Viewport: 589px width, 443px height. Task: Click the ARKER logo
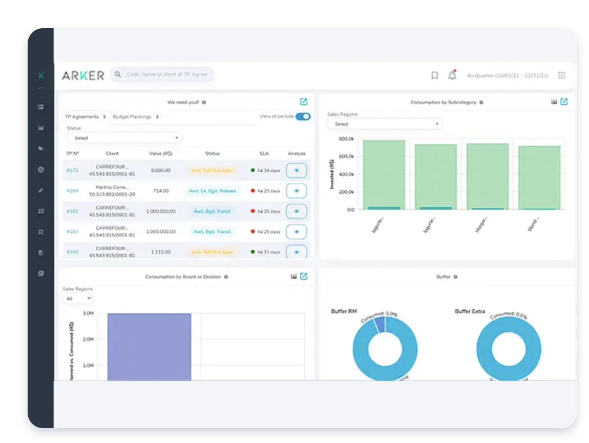[x=83, y=75]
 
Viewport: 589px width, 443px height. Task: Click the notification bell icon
[x=452, y=75]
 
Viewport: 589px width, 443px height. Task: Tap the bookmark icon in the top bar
[x=434, y=75]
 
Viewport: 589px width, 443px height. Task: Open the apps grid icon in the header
[x=562, y=75]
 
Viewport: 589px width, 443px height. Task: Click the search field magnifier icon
[x=118, y=74]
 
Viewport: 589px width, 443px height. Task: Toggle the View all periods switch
[x=303, y=116]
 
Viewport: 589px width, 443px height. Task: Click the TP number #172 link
[x=72, y=170]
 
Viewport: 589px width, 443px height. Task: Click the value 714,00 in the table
[x=161, y=191]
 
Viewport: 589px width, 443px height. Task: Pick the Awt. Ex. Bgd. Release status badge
[x=213, y=191]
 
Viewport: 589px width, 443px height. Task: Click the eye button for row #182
[x=296, y=211]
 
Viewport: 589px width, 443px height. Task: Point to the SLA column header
[x=264, y=153]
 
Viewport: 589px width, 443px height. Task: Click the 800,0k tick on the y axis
[x=346, y=139]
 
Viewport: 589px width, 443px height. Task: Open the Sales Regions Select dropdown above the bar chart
[x=384, y=124]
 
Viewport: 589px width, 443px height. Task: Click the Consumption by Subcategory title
[x=443, y=103]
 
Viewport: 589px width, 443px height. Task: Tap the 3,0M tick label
[x=88, y=313]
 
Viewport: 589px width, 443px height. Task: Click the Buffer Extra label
[x=470, y=311]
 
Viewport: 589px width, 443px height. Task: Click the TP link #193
[x=72, y=252]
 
